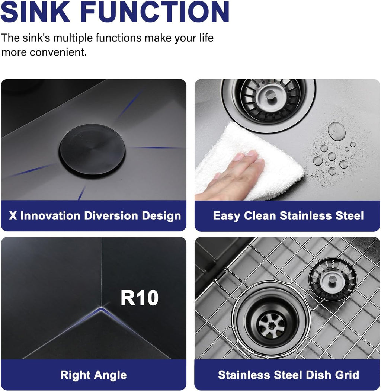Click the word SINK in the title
point(35,12)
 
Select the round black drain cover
point(92,151)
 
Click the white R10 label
point(140,298)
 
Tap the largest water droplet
point(337,131)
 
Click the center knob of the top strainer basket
point(269,95)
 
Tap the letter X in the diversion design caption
point(13,216)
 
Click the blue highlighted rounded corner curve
point(101,310)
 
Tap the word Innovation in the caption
point(50,216)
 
